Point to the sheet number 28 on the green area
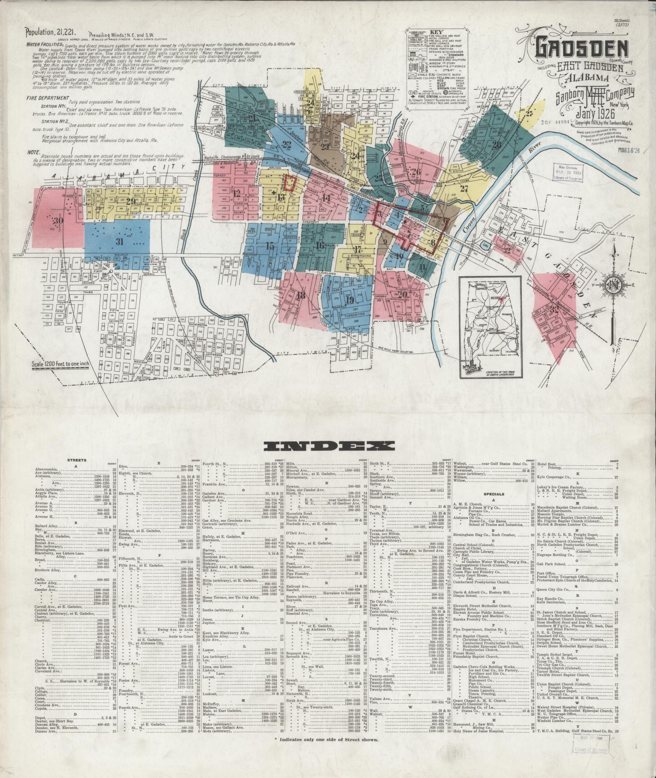pos(497,144)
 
